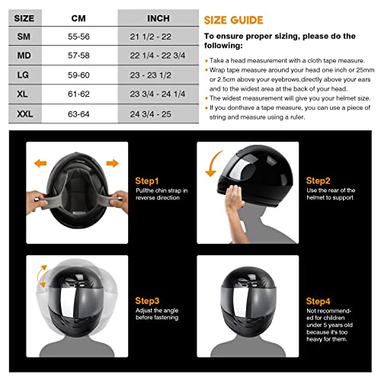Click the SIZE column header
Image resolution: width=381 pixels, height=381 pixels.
[x=19, y=14]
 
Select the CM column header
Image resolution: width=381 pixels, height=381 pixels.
[x=78, y=14]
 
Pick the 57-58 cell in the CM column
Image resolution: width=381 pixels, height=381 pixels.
[x=78, y=56]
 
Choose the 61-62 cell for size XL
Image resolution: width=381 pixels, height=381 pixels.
[x=78, y=96]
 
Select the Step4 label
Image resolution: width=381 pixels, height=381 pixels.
[x=318, y=302]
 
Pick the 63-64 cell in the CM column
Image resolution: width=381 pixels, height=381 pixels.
[x=78, y=117]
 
